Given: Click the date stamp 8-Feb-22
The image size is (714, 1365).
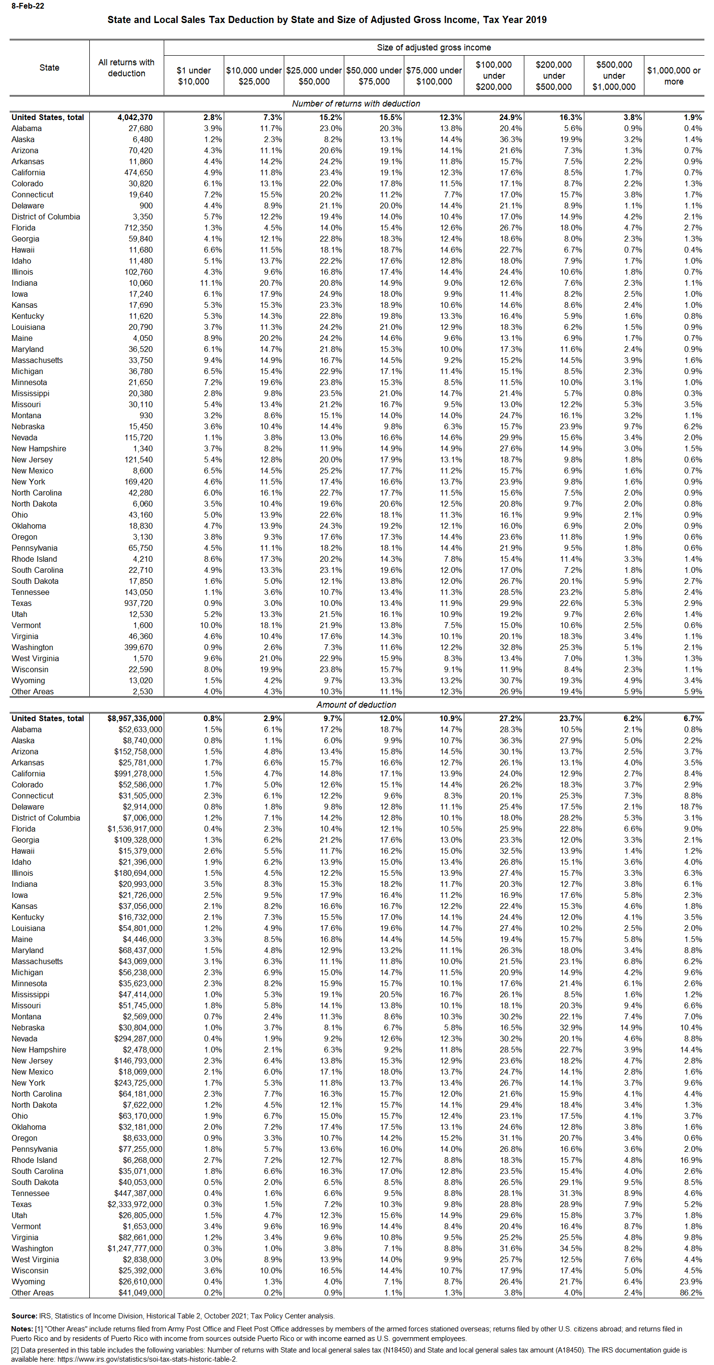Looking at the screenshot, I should coord(27,6).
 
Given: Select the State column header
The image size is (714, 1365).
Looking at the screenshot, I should coord(49,68).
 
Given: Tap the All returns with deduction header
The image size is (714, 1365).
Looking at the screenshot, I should coord(126,68).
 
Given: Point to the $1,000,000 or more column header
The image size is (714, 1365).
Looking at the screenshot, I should coord(673,76).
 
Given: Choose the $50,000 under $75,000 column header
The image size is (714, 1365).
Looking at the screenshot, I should coord(374,76).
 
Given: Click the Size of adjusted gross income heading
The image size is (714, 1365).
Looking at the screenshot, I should coord(434,48).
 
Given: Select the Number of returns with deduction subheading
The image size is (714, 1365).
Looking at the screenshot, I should coord(356,104).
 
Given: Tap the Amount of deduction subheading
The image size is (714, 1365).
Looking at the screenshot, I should coord(356,705).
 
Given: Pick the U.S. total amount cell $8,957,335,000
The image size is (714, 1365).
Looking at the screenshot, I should coord(134,719).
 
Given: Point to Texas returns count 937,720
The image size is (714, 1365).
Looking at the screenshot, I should coord(138,603).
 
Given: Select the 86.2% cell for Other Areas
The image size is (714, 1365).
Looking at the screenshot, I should coord(690,1293).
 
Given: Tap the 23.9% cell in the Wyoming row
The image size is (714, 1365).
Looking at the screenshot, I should coord(690,1282).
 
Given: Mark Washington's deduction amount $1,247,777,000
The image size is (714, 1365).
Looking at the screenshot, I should coord(134,1248).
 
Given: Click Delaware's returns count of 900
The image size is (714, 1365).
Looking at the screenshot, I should coord(146,205).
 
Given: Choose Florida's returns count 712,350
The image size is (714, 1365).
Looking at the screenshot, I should coord(138,228).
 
